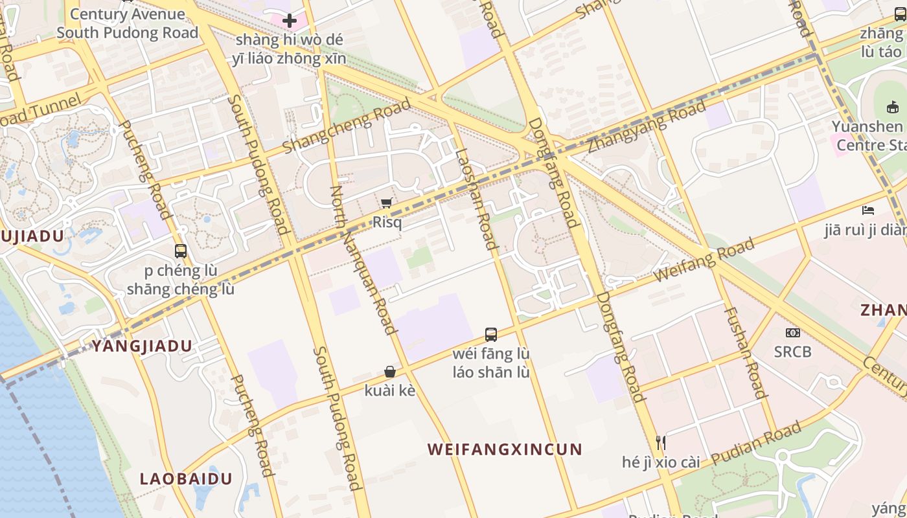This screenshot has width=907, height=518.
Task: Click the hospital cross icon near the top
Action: [290, 21]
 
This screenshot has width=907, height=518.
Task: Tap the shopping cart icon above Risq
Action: [387, 203]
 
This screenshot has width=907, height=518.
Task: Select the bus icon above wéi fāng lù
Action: [491, 335]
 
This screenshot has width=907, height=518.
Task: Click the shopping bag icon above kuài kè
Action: [390, 372]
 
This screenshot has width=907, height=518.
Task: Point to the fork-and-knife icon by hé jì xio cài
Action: [661, 443]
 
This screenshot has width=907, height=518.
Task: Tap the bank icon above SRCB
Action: [792, 333]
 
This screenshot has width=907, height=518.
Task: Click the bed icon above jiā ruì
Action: [868, 210]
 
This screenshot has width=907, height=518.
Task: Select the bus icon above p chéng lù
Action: [181, 251]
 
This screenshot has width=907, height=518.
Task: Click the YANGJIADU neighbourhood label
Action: [142, 346]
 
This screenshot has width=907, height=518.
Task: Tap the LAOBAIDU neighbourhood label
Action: [187, 479]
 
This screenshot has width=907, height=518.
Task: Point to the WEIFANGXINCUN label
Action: [505, 449]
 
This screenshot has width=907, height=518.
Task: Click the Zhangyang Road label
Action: [647, 128]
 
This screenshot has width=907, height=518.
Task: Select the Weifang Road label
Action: [704, 260]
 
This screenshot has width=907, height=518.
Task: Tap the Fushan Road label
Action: [745, 352]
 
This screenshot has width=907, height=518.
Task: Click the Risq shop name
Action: [387, 223]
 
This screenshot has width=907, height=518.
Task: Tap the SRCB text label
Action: [792, 352]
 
